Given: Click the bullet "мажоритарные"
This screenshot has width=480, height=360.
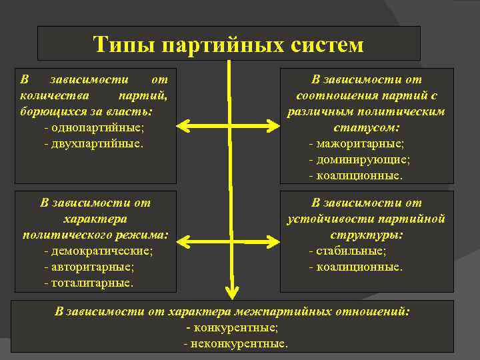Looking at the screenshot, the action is pyautogui.click(x=360, y=143).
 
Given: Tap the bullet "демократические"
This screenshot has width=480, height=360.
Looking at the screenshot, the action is pyautogui.click(x=101, y=251).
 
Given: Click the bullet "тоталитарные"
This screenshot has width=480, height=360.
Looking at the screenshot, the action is pyautogui.click(x=91, y=283).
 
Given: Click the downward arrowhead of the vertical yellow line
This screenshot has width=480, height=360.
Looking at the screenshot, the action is pyautogui.click(x=231, y=291).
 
